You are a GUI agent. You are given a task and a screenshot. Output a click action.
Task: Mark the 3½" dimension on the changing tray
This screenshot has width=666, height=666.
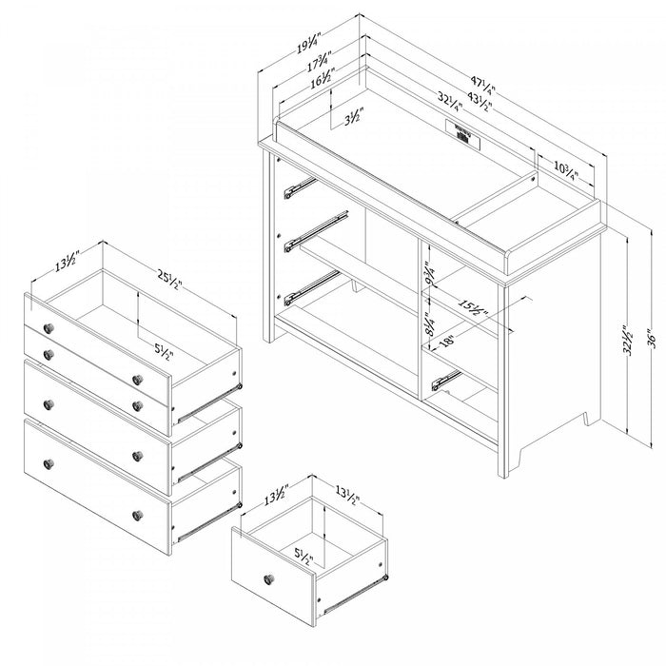[351, 121]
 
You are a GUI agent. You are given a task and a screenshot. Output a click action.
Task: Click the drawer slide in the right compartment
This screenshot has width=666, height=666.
[446, 380]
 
